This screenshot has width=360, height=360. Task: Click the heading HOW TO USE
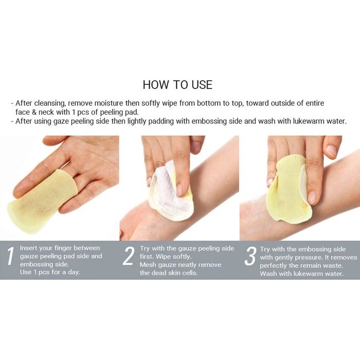(177, 84)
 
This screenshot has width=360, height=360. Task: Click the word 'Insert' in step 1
(30, 248)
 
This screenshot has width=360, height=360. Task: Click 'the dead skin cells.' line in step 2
(169, 273)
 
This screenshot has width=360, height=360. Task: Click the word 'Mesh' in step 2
(149, 265)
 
